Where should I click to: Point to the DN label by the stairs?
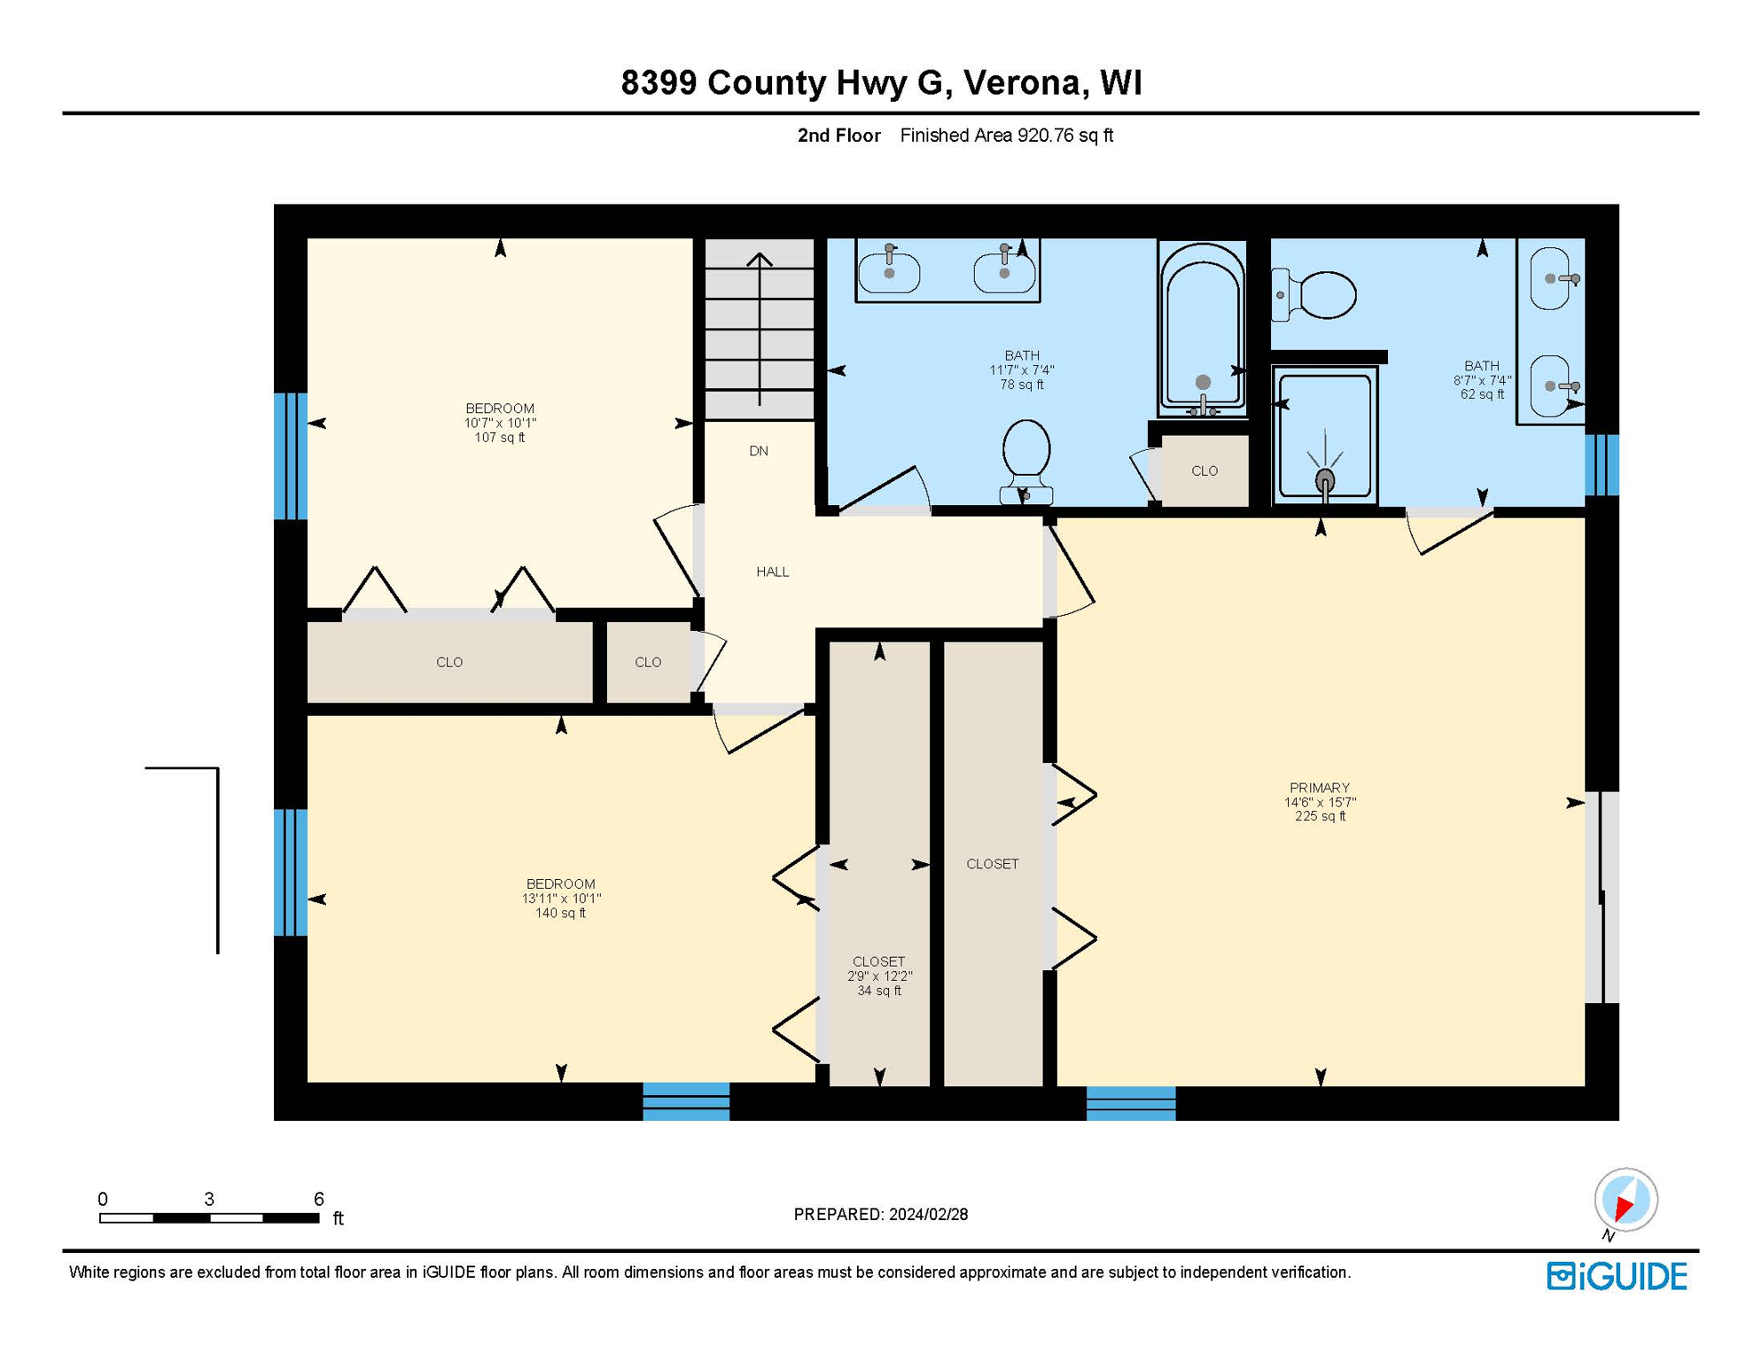coord(759,451)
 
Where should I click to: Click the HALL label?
coord(772,572)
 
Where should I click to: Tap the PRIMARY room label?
coord(1319,788)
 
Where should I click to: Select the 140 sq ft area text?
coord(560,914)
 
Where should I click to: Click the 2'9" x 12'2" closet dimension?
coord(879,976)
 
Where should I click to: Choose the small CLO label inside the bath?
coord(1204,471)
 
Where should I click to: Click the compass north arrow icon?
coord(1626,1202)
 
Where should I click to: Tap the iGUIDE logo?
coord(1617,1277)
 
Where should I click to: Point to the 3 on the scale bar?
coord(209,1200)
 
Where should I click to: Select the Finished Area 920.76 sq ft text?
coord(1006,136)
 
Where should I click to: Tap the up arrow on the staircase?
coord(760,261)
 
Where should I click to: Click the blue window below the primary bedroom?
coord(1131,1104)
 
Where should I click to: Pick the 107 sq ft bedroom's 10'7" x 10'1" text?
coord(500,424)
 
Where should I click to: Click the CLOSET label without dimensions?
coord(992,864)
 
